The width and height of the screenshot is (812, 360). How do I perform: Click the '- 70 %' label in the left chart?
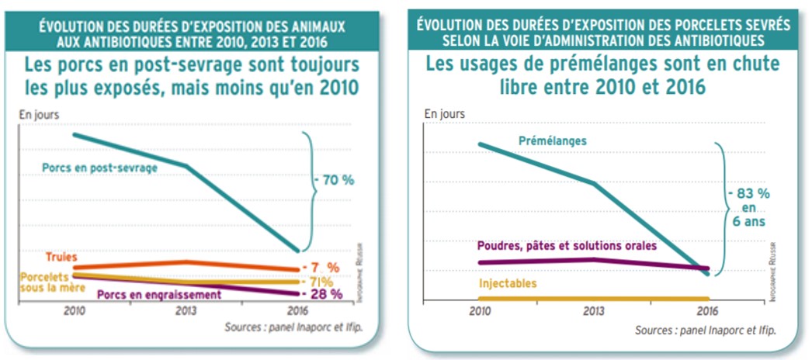pos(334,180)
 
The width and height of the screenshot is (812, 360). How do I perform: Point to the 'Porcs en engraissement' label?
pos(158,295)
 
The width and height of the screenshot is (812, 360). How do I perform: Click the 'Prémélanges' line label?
pos(552,141)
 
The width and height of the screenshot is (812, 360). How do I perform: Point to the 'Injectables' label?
pos(508,284)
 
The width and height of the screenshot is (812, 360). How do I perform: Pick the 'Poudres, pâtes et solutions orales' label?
pos(567,245)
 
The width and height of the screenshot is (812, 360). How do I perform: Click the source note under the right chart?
pos(704,330)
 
